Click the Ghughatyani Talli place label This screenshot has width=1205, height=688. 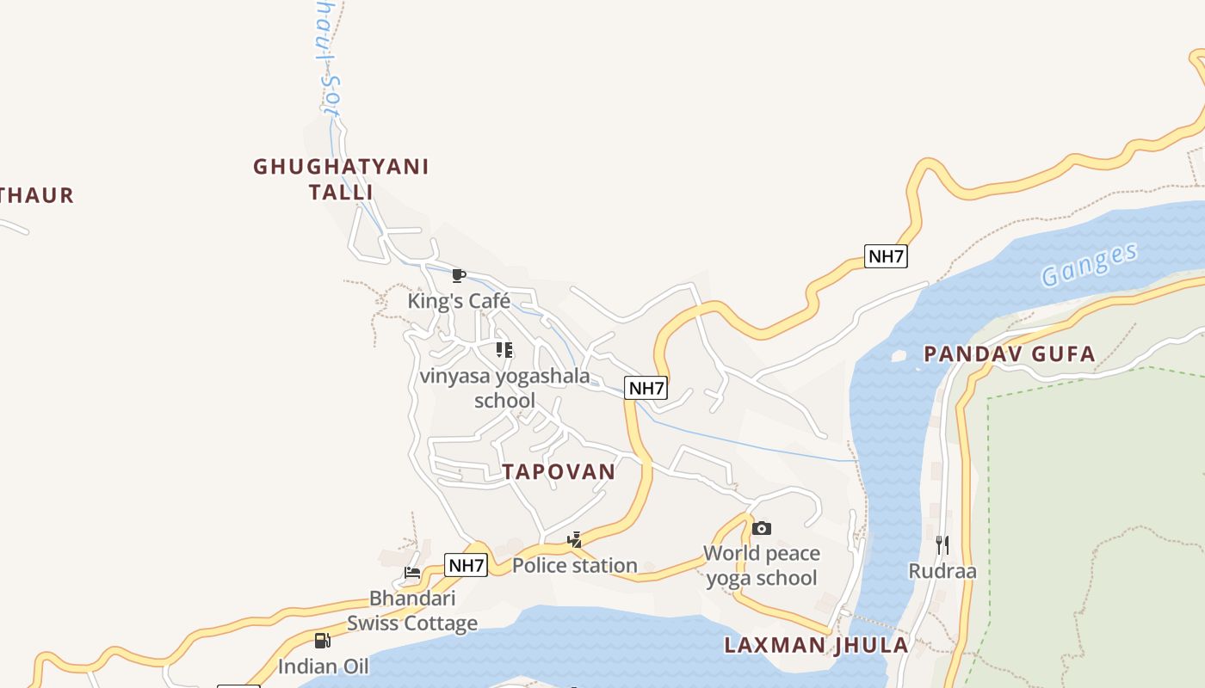[341, 179]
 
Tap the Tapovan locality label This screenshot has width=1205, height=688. [559, 471]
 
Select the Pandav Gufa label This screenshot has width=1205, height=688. [1009, 353]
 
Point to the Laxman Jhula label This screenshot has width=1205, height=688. [815, 645]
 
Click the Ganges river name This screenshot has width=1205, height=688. [1089, 264]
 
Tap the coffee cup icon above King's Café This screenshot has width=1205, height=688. [459, 276]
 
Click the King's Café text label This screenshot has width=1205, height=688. [459, 301]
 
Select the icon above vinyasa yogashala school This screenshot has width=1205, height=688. [504, 350]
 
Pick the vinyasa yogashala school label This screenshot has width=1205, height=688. [504, 388]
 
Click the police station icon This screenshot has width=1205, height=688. [575, 540]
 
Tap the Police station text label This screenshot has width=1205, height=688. [575, 565]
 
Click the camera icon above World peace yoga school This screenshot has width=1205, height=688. [762, 528]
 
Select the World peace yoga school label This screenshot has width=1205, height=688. [762, 565]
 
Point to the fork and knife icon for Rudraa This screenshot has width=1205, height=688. [942, 544]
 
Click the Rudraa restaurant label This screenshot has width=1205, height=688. [942, 571]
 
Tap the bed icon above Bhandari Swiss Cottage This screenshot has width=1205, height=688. [412, 573]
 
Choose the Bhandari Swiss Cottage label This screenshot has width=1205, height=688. [412, 611]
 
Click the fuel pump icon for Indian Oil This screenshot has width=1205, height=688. [323, 640]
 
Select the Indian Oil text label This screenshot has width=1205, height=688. [323, 666]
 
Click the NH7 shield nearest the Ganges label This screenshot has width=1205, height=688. [886, 255]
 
